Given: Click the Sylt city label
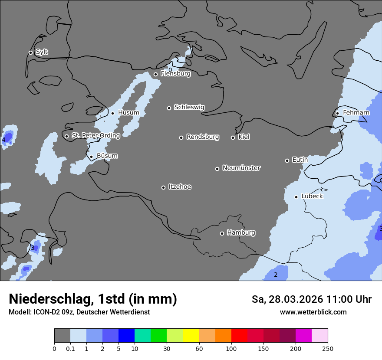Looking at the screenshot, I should [42, 52].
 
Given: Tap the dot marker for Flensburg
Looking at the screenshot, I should [155, 74].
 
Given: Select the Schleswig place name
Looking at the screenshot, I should [189, 107].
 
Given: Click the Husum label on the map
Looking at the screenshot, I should [128, 113].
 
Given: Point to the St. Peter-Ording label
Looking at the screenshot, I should [95, 136].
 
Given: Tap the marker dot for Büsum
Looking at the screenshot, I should [91, 157].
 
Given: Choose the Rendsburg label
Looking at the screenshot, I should [203, 137].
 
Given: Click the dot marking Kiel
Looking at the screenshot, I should [233, 137].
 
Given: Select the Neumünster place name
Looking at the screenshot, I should [241, 168].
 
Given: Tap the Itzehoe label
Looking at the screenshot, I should [180, 187].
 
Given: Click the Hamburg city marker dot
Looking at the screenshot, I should [222, 233].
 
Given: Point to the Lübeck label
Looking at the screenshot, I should [312, 196].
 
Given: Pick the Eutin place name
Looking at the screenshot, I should [300, 160].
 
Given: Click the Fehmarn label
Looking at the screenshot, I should [356, 113].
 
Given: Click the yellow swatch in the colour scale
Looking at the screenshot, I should [191, 336].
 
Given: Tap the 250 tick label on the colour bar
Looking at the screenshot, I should [328, 348].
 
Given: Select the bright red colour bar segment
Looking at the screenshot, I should [239, 336].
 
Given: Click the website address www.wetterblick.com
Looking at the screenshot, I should [313, 312].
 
